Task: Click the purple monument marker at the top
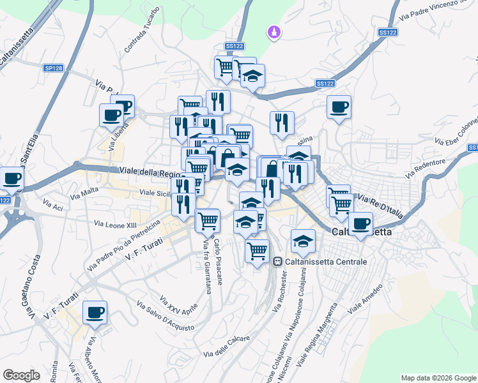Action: (275, 31)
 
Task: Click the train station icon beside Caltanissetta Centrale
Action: (277, 262)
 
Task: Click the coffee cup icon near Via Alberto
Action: (95, 312)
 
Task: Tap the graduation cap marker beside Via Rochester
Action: (303, 241)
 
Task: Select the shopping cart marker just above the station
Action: (257, 250)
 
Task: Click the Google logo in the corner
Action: (21, 375)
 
